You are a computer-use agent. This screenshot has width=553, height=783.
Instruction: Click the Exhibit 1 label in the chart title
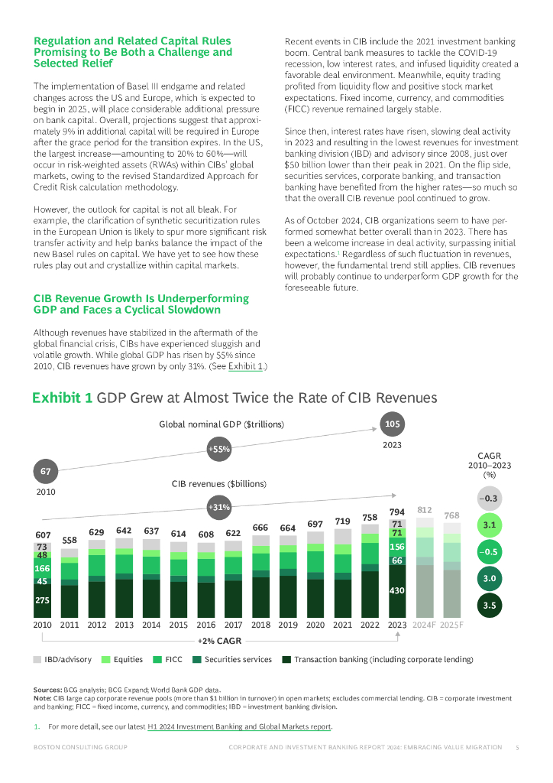pos(62,398)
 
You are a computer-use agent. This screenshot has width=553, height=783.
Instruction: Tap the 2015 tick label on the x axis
pos(179,625)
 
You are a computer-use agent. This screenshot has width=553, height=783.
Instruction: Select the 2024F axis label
pos(425,625)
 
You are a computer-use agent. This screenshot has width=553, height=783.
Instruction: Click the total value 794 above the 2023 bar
pos(397,512)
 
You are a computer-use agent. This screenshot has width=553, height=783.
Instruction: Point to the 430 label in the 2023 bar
pos(397,591)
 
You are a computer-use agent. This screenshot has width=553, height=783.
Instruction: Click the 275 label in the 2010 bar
pos(42,601)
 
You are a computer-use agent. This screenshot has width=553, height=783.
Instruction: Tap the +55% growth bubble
pos(219,450)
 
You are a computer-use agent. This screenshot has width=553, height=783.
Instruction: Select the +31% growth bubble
pos(219,507)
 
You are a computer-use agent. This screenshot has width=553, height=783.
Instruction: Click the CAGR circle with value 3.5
pos(490,606)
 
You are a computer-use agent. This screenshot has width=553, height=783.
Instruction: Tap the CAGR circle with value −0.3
pos(490,499)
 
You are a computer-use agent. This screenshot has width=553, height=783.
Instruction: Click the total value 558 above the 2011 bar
pos(69,540)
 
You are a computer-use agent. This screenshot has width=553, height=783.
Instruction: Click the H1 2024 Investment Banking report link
pos(239,726)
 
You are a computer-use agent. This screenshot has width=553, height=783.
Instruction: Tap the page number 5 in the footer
pos(517,747)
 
